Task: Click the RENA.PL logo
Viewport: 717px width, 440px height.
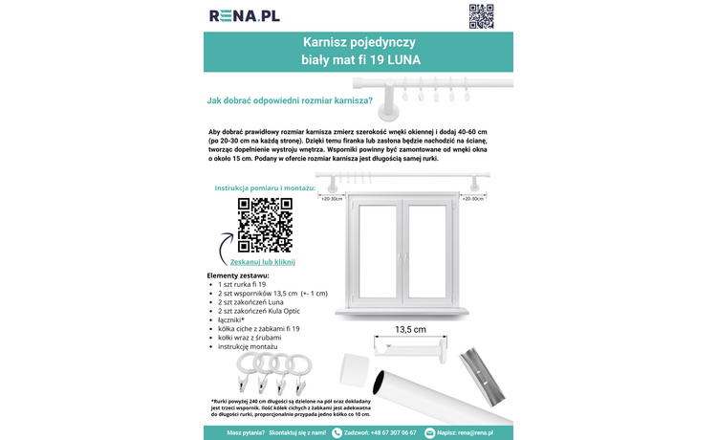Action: tap(245, 15)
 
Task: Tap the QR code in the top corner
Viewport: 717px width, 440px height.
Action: tap(481, 16)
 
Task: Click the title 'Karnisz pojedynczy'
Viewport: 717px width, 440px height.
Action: tap(358, 43)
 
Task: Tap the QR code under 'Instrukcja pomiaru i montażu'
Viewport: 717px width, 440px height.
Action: tap(265, 225)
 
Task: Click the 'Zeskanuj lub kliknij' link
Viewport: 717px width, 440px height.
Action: tap(263, 261)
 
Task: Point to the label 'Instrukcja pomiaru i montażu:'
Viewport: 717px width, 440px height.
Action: tap(265, 189)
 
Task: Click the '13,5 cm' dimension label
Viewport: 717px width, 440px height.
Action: tap(410, 329)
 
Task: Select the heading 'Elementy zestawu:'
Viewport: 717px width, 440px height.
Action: tap(238, 275)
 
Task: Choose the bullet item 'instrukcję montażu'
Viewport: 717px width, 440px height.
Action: tap(256, 346)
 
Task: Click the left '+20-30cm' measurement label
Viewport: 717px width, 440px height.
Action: tap(332, 199)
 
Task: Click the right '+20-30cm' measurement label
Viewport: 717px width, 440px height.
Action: tap(473, 199)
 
